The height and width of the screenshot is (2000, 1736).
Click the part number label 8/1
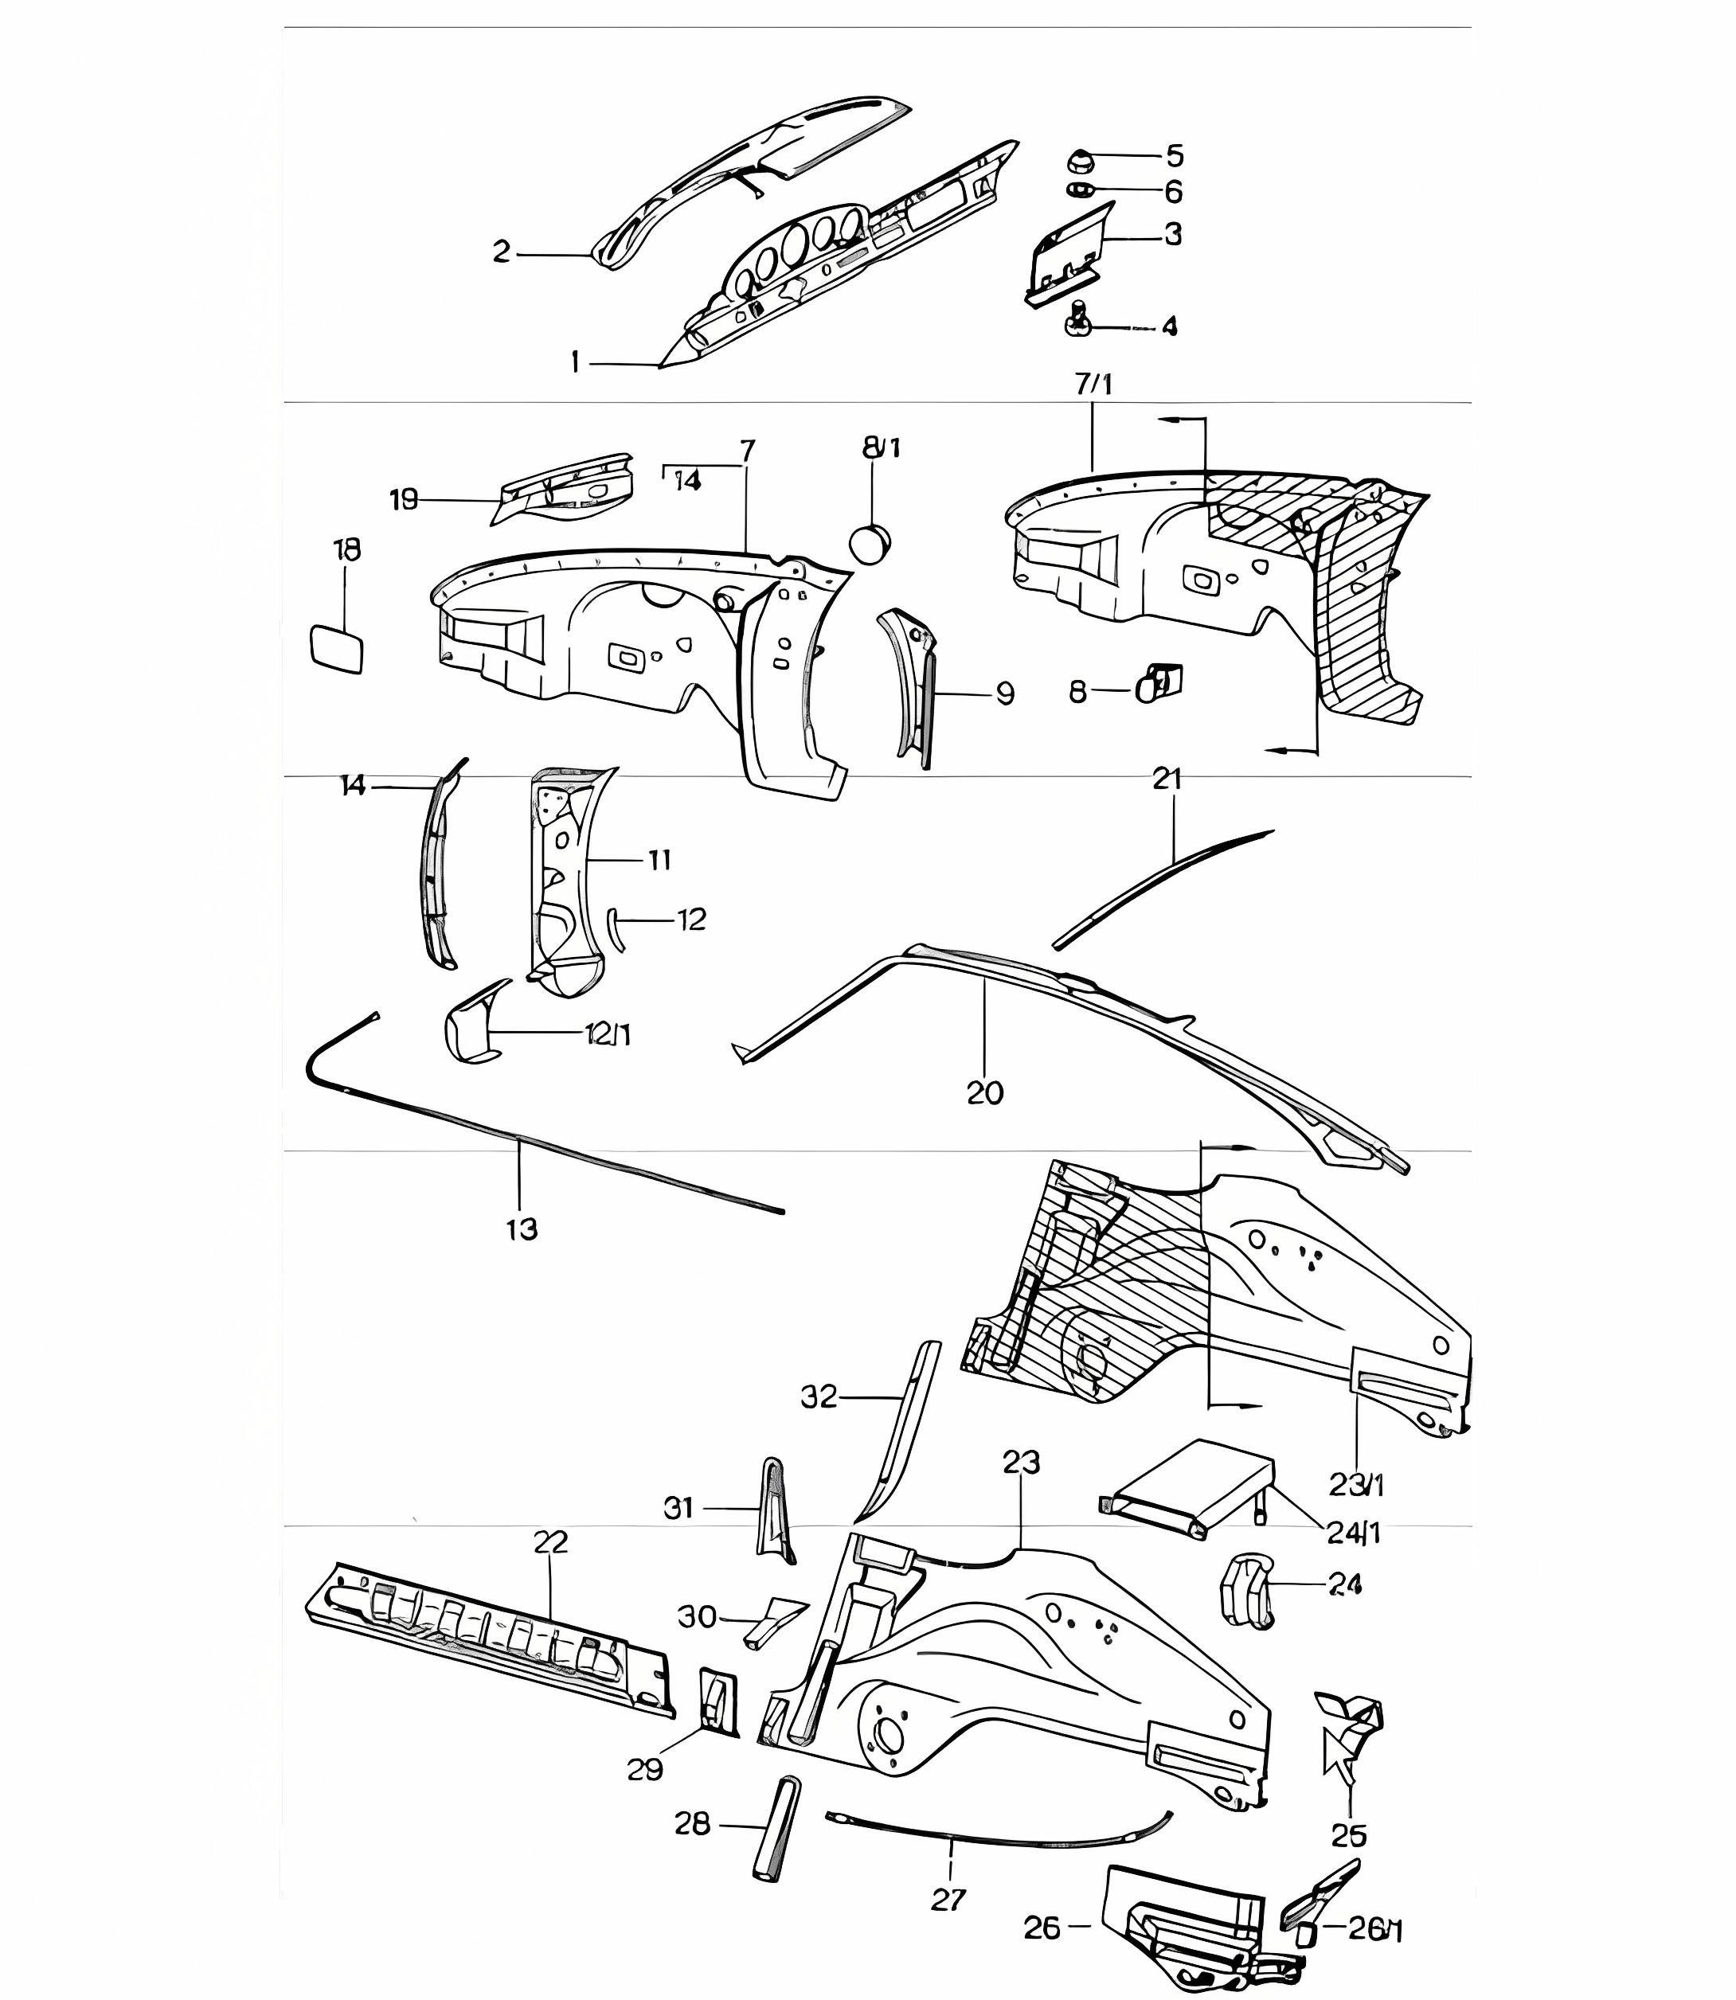[881, 447]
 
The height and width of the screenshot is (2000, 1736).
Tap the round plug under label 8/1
[870, 542]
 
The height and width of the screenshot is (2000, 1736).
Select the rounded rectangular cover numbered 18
[335, 649]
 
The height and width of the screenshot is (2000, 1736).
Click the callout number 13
[521, 1229]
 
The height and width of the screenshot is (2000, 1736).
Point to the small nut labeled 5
[1081, 161]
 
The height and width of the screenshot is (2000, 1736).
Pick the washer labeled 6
[1081, 191]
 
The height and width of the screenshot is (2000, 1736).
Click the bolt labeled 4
[1080, 318]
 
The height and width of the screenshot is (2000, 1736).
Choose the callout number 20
[984, 1092]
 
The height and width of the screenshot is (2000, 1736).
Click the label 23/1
[1356, 1484]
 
